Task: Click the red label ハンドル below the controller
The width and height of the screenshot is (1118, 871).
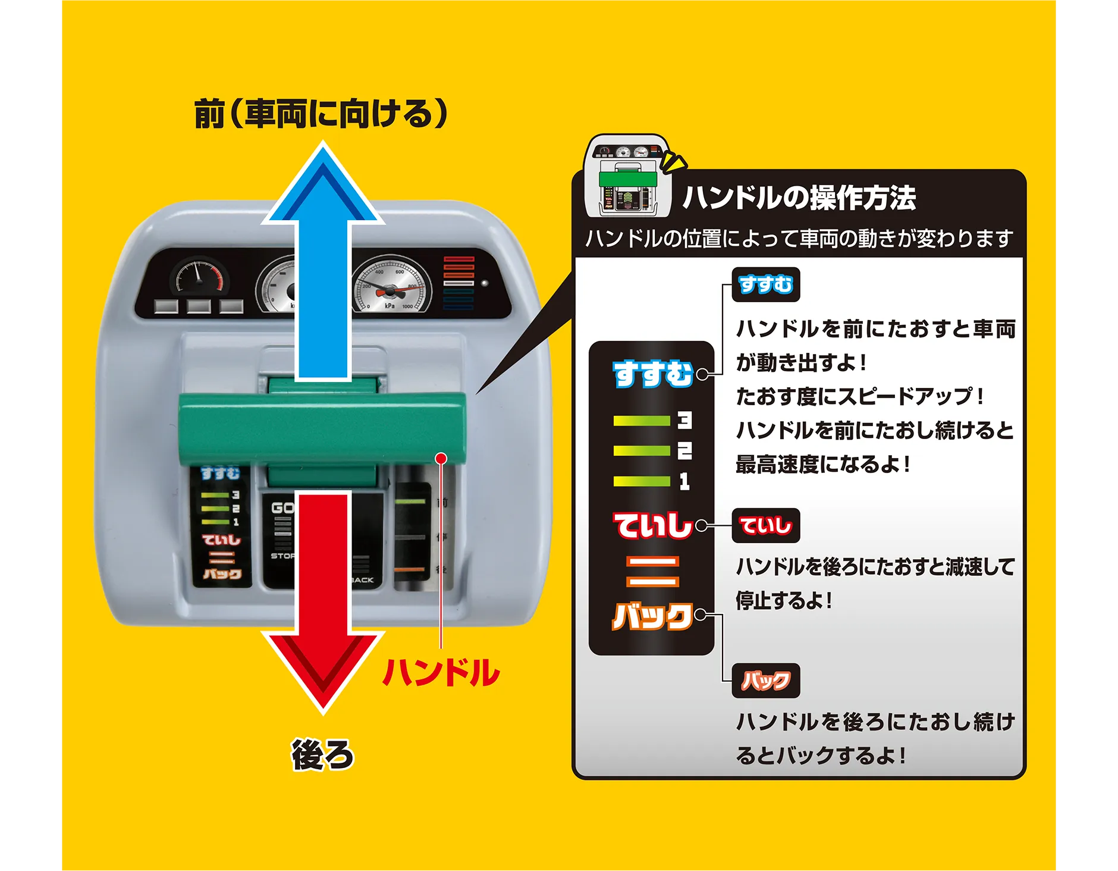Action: (x=441, y=673)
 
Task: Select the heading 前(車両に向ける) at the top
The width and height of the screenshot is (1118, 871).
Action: (x=321, y=113)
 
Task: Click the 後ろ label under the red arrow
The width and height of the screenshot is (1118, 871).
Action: (x=322, y=755)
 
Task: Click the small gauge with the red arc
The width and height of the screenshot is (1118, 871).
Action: (x=198, y=277)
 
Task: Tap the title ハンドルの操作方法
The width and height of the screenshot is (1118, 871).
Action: (x=799, y=198)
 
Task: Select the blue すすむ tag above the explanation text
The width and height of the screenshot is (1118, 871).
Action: (x=765, y=285)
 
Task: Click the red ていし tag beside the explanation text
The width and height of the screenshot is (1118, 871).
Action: (x=765, y=526)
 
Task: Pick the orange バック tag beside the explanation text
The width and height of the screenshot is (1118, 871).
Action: (x=765, y=681)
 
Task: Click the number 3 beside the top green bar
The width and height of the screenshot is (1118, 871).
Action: (x=684, y=421)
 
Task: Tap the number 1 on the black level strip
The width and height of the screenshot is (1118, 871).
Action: (x=684, y=481)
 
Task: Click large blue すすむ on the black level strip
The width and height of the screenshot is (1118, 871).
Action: (x=652, y=374)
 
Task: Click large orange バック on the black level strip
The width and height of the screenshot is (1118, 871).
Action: (x=652, y=616)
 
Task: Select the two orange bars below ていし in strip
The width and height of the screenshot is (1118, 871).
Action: (x=652, y=571)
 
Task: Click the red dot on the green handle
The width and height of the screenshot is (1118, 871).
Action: (x=441, y=458)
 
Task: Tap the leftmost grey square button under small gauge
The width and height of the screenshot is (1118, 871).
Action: (x=166, y=306)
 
